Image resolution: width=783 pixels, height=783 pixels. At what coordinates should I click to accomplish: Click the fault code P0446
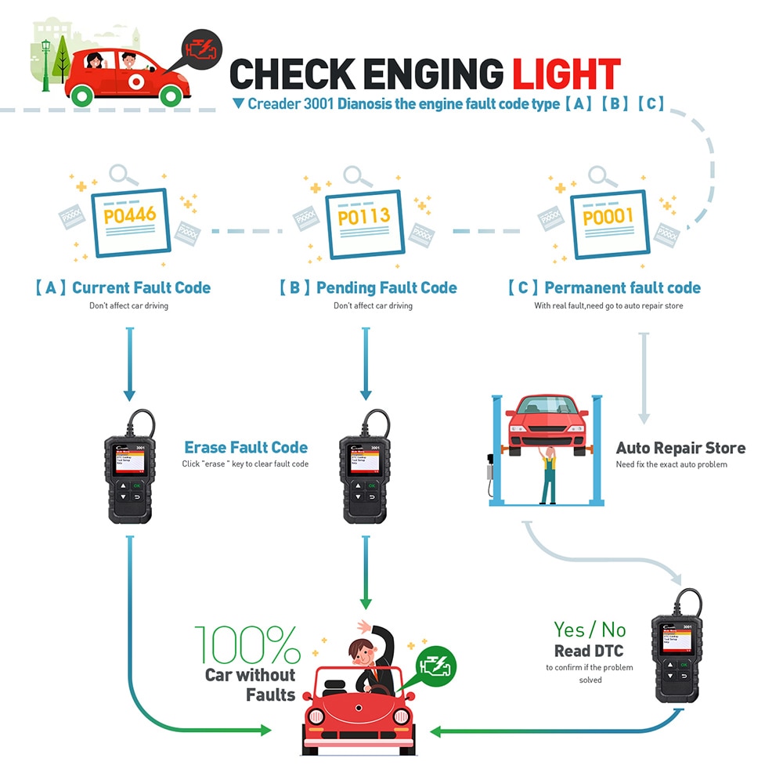pyautogui.click(x=130, y=215)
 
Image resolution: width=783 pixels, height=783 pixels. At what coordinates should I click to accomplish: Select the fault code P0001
pyautogui.click(x=608, y=216)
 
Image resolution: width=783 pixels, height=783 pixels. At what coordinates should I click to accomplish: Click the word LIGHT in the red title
pyautogui.click(x=566, y=74)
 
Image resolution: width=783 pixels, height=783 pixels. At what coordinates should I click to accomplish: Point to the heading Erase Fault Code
pyautogui.click(x=246, y=448)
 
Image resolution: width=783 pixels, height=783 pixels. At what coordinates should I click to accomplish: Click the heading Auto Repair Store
pyautogui.click(x=680, y=449)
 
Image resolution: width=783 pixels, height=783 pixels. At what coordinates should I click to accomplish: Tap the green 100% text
pyautogui.click(x=247, y=645)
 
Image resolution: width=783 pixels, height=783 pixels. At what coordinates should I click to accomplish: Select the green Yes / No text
pyautogui.click(x=590, y=629)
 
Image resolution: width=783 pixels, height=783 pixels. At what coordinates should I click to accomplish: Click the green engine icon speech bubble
pyautogui.click(x=436, y=666)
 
